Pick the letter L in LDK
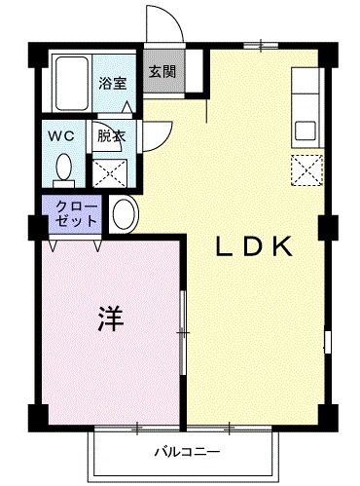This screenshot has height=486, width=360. coord(224,247)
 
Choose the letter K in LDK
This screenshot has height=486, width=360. coord(284,247)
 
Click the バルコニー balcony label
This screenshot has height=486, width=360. coord(186,452)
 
